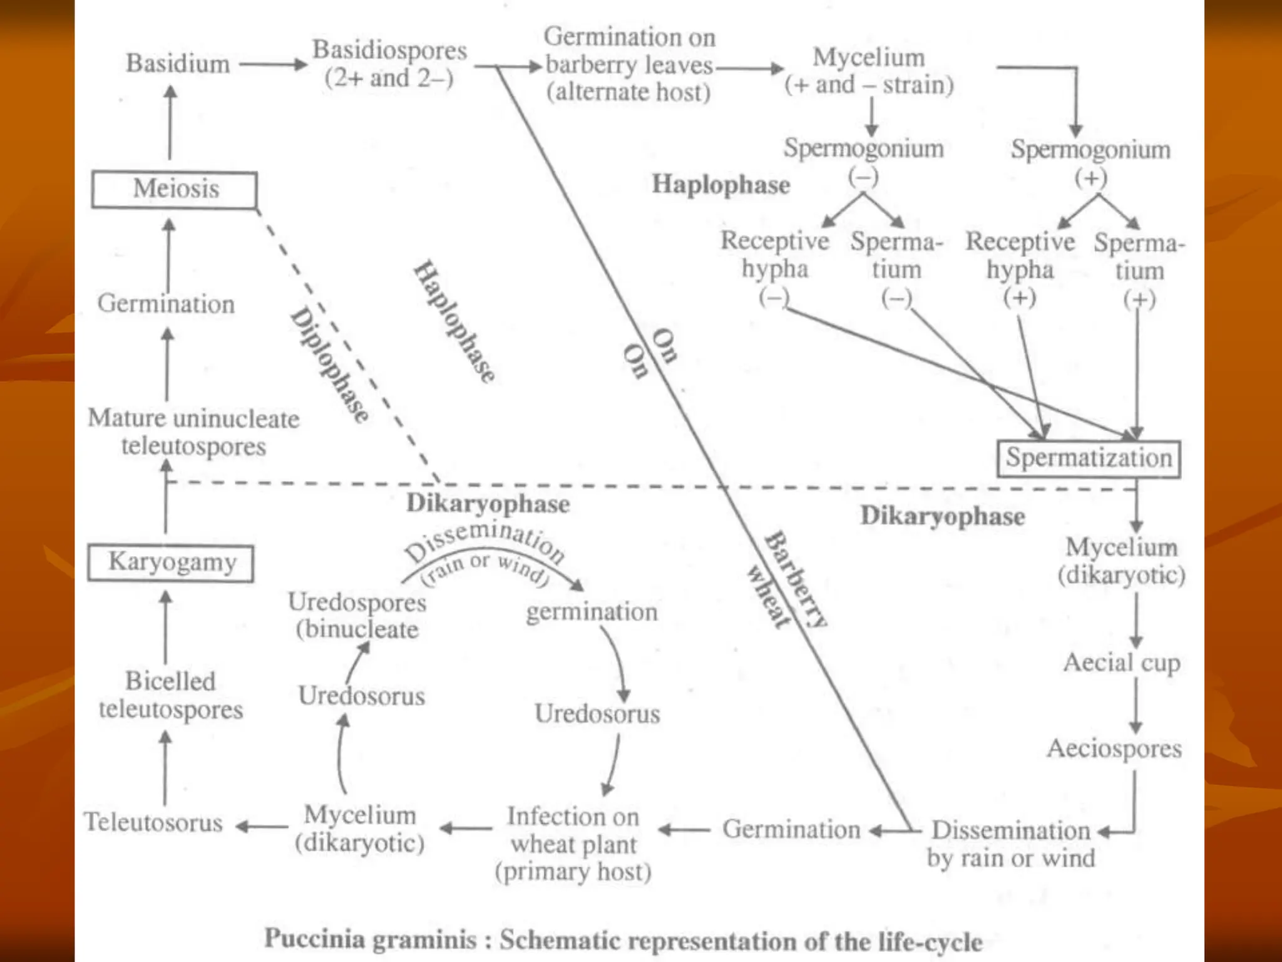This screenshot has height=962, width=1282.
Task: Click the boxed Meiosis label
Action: [175, 189]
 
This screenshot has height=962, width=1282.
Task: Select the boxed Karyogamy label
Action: [171, 562]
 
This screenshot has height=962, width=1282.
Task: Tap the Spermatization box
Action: [1089, 458]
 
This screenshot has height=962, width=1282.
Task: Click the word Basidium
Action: [178, 64]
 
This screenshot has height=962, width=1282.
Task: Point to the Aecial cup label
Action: [1122, 663]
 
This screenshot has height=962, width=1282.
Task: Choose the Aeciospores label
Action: [1114, 748]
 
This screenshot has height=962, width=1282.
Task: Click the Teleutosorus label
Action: [153, 822]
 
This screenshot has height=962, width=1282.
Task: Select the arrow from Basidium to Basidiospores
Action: [273, 64]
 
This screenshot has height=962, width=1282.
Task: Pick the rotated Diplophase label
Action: [329, 365]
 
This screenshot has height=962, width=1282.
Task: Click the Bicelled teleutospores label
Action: [170, 695]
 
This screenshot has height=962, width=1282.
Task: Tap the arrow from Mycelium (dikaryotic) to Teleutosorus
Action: [262, 827]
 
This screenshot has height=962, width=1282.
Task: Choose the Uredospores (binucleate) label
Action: [357, 616]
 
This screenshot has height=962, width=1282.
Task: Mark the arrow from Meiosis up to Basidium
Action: [170, 122]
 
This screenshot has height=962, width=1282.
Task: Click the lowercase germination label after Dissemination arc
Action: [592, 612]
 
